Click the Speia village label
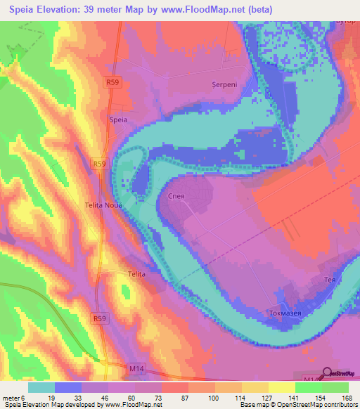click(118, 120)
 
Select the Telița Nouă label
click(104, 205)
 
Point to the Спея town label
click(176, 197)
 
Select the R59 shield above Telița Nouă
click(99, 164)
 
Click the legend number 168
click(347, 398)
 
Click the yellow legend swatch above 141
click(281, 387)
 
